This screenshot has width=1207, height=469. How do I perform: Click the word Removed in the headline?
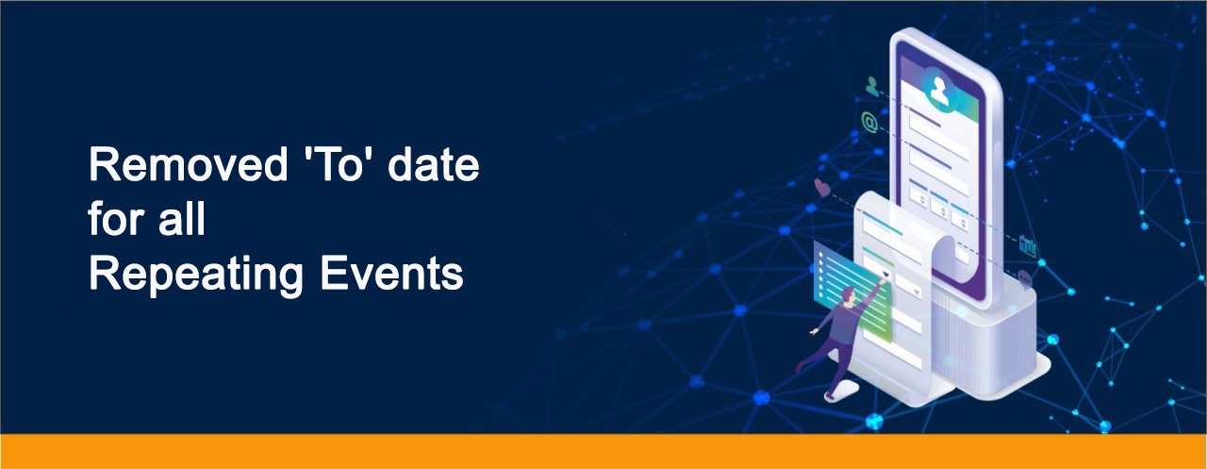(189, 164)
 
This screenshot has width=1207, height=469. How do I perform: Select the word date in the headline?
(433, 164)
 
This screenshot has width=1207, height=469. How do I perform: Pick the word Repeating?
(196, 276)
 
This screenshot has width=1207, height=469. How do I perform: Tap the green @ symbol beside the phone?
(869, 122)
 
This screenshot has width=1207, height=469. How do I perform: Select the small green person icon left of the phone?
(872, 86)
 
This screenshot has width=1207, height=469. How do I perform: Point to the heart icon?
(821, 187)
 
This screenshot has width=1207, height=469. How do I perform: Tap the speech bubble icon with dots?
(1024, 279)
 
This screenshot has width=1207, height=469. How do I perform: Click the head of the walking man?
(848, 294)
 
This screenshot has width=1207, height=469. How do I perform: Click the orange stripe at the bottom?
(603, 451)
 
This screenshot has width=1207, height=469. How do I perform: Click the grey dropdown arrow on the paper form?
(916, 292)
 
